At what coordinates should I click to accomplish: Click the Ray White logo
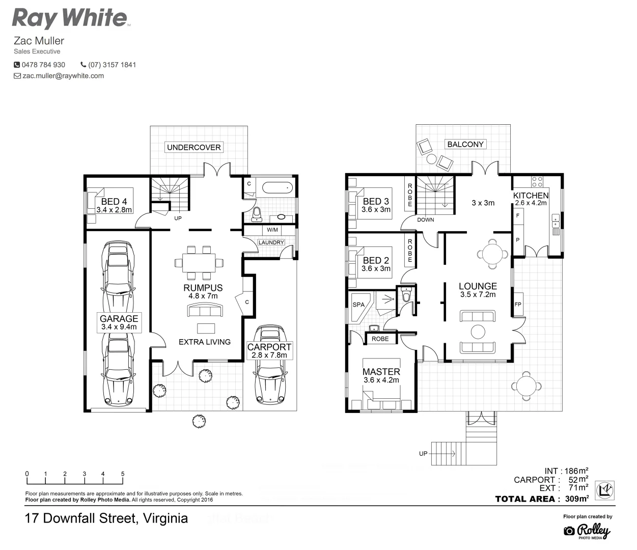tap(70, 18)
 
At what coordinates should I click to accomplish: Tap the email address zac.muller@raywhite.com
tap(63, 76)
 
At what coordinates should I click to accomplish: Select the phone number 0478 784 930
tap(43, 65)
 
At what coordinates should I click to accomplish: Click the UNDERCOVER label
tap(193, 147)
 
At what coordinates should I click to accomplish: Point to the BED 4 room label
tap(114, 202)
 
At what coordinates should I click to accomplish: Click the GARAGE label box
tap(119, 322)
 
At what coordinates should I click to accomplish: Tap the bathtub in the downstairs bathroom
tap(278, 187)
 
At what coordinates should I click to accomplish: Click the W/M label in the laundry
tap(272, 230)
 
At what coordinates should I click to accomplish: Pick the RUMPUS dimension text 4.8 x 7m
tap(203, 296)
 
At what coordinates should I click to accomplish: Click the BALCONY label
tap(465, 144)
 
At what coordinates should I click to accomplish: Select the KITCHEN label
tap(531, 196)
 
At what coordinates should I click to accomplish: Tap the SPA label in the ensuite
tap(358, 305)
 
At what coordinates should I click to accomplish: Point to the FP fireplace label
tap(518, 305)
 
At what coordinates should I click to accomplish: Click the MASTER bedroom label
tap(381, 372)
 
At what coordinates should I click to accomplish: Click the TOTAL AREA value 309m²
tap(576, 499)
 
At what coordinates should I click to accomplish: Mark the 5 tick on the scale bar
tap(123, 475)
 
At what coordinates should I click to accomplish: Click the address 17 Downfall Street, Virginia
tap(106, 518)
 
